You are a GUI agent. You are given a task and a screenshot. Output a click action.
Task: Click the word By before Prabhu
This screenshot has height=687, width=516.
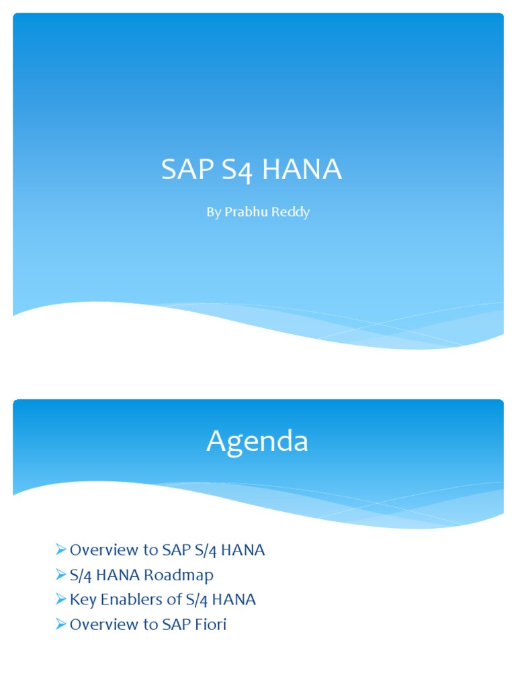[x=213, y=213]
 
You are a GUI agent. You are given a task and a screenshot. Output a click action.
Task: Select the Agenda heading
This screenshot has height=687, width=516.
[x=257, y=441]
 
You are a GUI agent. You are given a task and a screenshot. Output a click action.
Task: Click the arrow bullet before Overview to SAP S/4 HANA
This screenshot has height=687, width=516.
[x=61, y=550]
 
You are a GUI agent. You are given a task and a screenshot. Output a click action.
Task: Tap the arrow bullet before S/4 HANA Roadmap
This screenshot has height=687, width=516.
[x=61, y=575]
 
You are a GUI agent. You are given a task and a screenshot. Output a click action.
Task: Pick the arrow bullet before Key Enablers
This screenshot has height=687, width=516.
[x=61, y=600]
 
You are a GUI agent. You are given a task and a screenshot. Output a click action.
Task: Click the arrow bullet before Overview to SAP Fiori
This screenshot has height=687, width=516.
[x=61, y=625]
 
